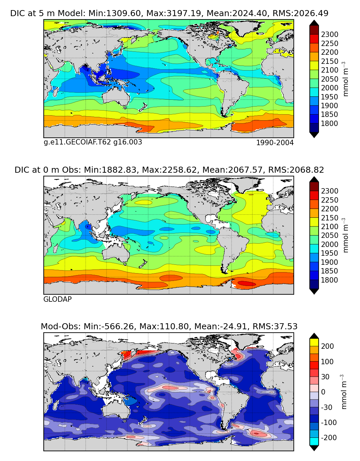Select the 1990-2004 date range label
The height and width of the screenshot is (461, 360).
click(275, 143)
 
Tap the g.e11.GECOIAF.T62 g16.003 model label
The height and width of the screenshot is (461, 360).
click(93, 142)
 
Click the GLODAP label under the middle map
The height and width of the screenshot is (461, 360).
click(57, 299)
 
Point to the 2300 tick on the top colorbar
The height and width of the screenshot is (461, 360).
click(329, 35)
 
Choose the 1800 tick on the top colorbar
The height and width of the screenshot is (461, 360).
click(329, 123)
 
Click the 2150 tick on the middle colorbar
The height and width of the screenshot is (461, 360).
click(329, 218)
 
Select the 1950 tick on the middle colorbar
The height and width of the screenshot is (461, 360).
click(329, 253)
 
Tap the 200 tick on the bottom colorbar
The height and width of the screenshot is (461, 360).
click(327, 346)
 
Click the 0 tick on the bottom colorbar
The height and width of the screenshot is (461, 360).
click(323, 392)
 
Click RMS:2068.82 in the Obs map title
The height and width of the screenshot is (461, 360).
click(296, 170)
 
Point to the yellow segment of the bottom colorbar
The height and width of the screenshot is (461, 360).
click(314, 342)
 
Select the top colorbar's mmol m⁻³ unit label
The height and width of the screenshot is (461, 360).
click(345, 79)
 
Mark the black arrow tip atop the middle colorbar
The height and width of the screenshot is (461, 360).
click(314, 179)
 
